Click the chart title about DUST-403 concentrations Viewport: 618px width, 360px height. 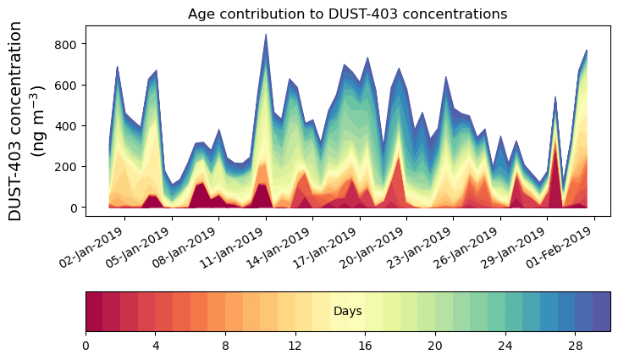(x=347, y=14)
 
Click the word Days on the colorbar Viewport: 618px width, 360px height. (x=347, y=312)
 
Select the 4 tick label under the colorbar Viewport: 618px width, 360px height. (x=156, y=346)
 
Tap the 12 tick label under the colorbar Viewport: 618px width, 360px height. (x=295, y=346)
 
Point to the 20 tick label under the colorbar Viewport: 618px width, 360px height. (x=435, y=346)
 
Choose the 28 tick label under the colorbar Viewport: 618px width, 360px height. (x=576, y=346)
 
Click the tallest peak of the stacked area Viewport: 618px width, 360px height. (x=266, y=35)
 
